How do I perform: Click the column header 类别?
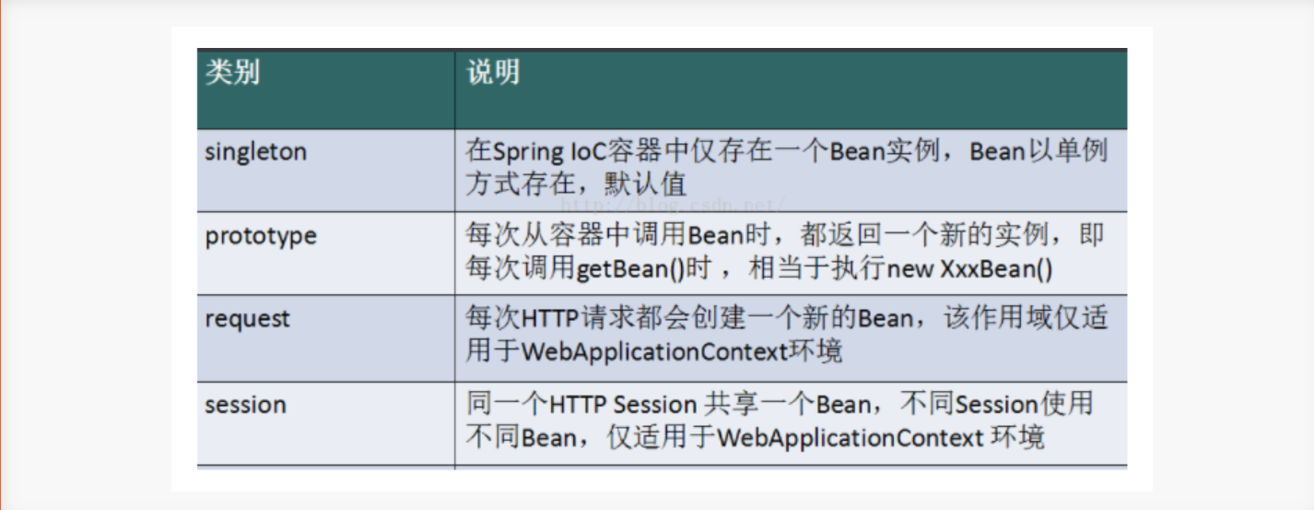pos(232,73)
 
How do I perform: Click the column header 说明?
pos(493,73)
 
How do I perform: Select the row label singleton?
pos(256,152)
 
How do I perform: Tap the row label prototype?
pos(261,237)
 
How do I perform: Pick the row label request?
pos(248,320)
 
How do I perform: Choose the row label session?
pos(246,405)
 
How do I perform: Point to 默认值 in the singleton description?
pos(645,184)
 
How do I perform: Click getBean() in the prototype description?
pos(630,268)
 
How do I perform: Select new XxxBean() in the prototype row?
pos(969,268)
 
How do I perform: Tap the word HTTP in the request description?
pos(550,319)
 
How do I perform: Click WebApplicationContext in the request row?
pos(654,352)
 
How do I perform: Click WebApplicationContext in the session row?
pos(850,438)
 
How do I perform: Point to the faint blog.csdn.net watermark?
pos(673,205)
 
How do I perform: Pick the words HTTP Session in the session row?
pos(622,405)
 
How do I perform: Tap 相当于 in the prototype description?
pos(789,268)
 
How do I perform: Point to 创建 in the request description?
pos(719,318)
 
